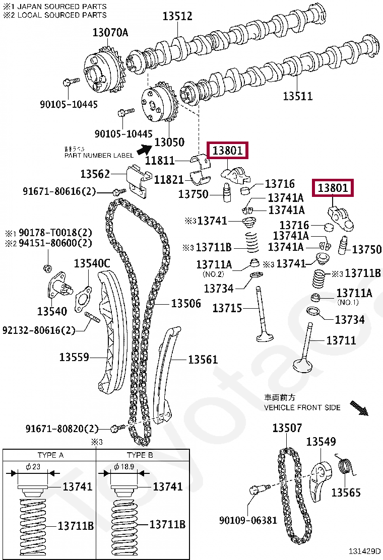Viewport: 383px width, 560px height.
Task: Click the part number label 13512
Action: point(177,16)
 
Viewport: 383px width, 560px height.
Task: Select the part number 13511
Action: point(297,96)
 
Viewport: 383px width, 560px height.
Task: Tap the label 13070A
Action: point(110,33)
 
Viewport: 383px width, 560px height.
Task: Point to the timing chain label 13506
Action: point(185,303)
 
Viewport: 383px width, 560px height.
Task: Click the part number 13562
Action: point(95,174)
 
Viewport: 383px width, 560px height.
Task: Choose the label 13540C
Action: point(92,263)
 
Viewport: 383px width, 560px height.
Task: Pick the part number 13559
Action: point(74,357)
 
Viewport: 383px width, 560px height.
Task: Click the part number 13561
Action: point(203,359)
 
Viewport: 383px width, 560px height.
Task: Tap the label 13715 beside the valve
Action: point(227,308)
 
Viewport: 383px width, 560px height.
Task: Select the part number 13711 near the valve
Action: point(341,340)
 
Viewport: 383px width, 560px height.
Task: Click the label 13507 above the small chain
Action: point(287,428)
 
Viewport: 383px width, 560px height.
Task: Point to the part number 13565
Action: point(346,492)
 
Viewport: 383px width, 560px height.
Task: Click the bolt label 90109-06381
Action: point(248,520)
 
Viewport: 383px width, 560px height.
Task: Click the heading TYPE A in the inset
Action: point(50,455)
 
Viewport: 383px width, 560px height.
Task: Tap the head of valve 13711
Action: point(304,364)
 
